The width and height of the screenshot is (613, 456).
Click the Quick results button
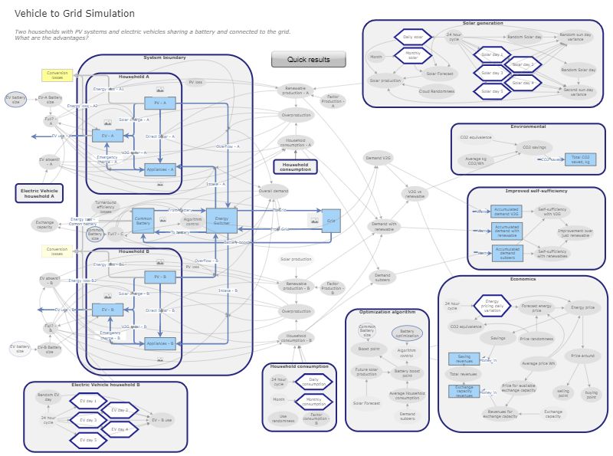pos(308,59)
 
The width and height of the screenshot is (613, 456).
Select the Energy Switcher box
pos(221,220)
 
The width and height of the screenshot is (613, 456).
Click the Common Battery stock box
pos(143,221)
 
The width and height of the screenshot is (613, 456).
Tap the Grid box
pos(331,221)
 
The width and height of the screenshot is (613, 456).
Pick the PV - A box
pos(159,103)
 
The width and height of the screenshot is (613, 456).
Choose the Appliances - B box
pos(159,343)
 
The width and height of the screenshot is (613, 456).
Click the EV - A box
pos(107,136)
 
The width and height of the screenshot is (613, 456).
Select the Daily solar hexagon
pos(413,37)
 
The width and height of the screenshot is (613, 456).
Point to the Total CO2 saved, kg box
pos(580,159)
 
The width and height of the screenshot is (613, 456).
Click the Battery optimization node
pos(407,333)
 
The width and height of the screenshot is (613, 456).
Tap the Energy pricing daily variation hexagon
pos(491,306)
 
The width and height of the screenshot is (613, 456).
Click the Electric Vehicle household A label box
pos(38,193)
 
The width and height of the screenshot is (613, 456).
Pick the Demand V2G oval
pos(378,157)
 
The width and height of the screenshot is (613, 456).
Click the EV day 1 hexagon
pos(89,401)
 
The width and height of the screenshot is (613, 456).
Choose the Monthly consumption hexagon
pos(313,400)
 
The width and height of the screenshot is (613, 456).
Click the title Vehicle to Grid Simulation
pos(74,14)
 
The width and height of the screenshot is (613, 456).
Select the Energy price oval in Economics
pos(582,307)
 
